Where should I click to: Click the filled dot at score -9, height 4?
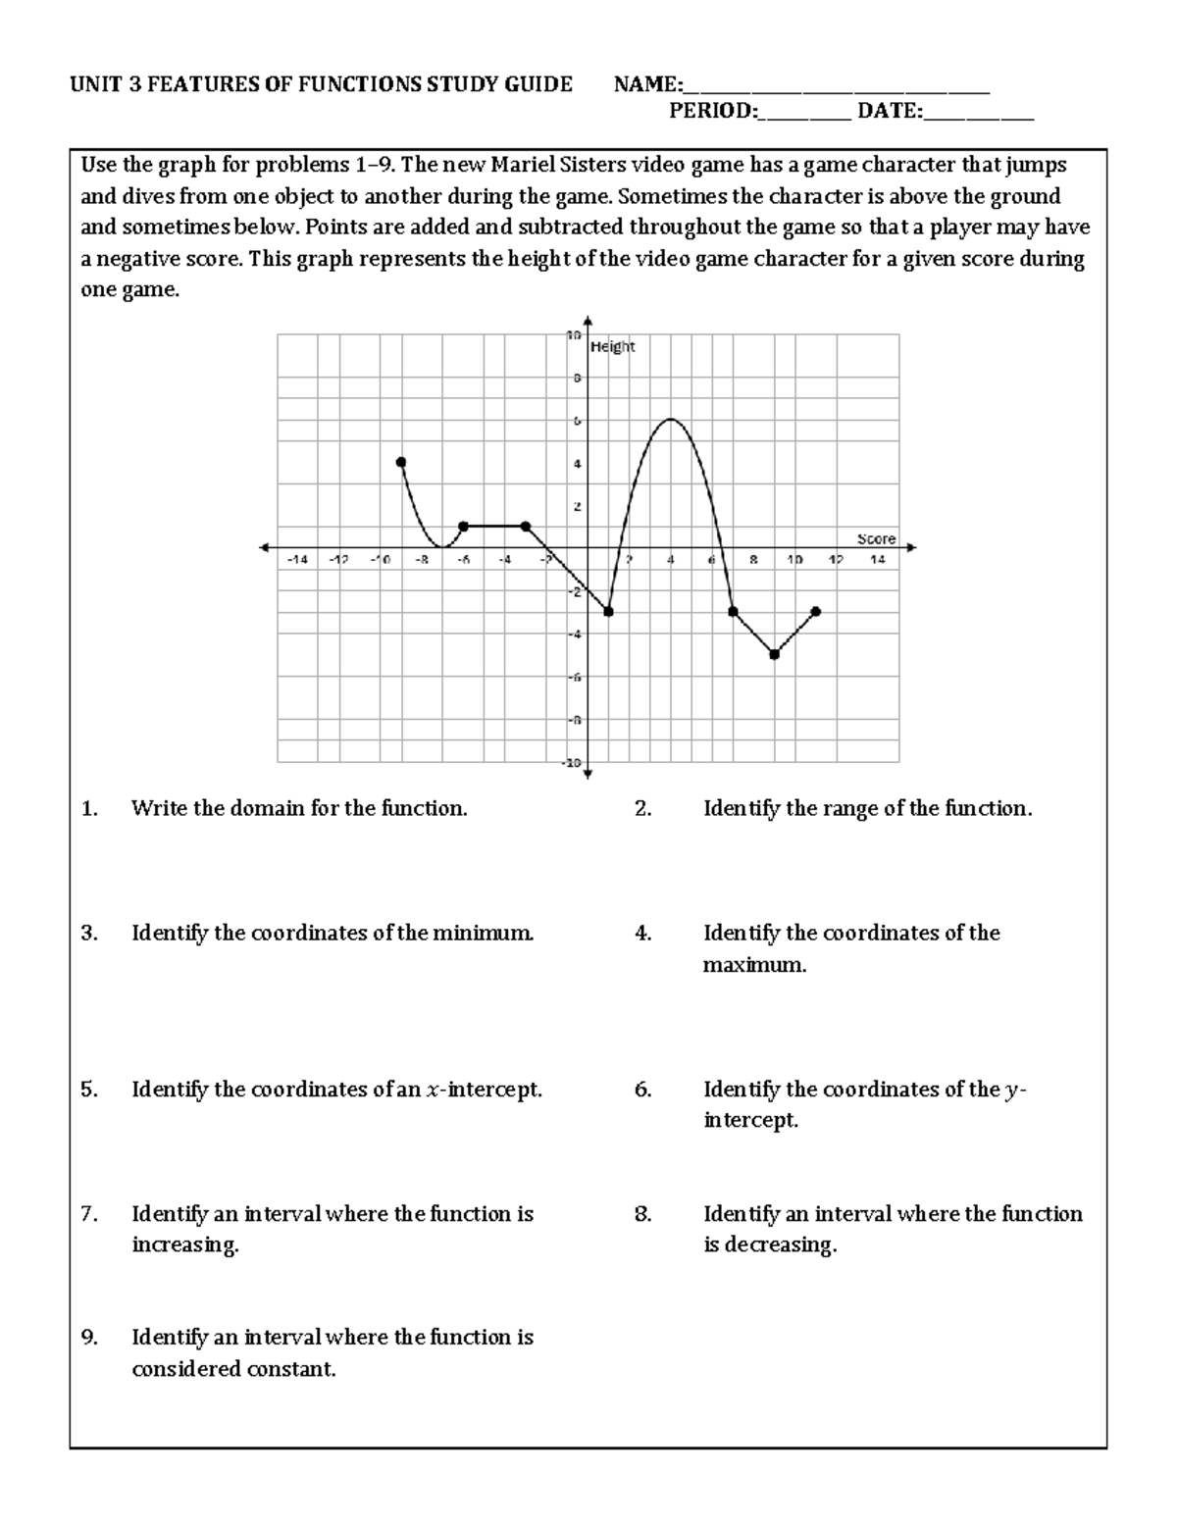click(400, 462)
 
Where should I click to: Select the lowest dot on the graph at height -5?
click(774, 654)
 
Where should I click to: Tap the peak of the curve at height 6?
click(671, 420)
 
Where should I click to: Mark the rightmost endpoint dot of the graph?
click(816, 611)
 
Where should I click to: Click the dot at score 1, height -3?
click(608, 611)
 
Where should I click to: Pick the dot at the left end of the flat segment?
click(463, 527)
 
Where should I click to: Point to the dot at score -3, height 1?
click(526, 527)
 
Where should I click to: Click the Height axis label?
click(613, 346)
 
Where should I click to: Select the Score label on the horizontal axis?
click(876, 538)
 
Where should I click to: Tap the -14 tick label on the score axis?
click(295, 560)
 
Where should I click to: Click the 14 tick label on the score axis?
click(877, 560)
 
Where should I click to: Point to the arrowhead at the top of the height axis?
click(588, 320)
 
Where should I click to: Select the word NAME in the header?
click(643, 84)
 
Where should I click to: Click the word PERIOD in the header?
click(711, 111)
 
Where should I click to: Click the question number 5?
click(89, 1090)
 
